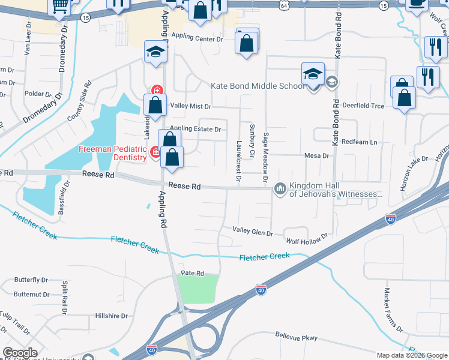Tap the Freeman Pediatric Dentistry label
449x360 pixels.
click(113, 153)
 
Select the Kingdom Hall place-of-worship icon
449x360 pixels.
click(280, 189)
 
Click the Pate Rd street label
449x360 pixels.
click(193, 272)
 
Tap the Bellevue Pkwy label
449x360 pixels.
click(296, 338)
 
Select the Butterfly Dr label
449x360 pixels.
click(31, 280)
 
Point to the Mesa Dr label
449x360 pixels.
click(318, 155)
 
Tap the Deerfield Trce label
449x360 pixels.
click(363, 106)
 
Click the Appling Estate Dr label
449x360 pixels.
click(196, 129)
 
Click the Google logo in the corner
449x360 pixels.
click(20, 353)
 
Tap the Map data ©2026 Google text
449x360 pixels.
click(412, 355)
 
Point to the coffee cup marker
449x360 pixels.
click(416, 4)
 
